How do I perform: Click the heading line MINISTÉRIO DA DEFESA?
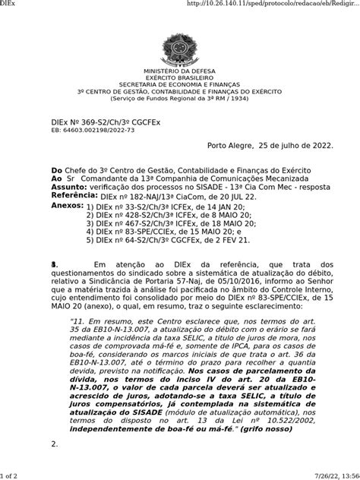pos(180,71)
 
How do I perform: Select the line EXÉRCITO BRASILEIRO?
pos(180,77)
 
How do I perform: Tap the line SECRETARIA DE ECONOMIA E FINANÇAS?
pos(180,84)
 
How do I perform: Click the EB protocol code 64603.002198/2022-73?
pos(92,131)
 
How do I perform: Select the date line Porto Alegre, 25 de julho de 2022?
pos(270,145)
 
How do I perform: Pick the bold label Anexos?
pos(67,206)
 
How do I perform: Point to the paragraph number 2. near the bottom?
pos(54,444)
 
